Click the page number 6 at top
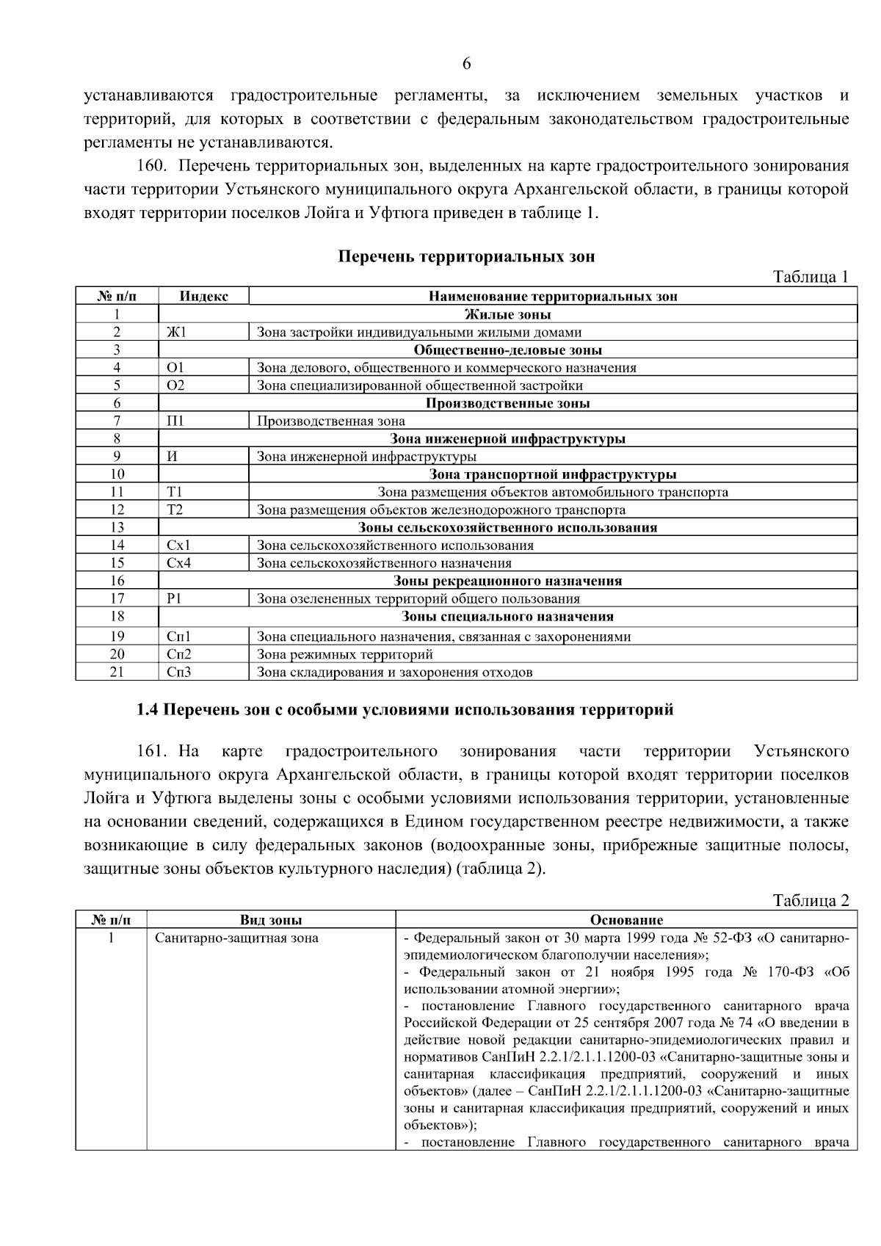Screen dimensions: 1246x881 coord(466,64)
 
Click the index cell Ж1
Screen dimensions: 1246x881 coord(177,333)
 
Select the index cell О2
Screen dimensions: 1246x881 coord(176,385)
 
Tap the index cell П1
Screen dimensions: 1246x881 coord(175,421)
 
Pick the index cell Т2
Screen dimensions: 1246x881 coord(175,510)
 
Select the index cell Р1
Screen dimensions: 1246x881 coord(174,598)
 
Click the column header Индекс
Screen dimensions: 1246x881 coord(203,297)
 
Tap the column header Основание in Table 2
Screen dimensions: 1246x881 coord(626,920)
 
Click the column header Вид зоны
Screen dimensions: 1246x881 coord(271,920)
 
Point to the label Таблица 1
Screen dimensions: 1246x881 coord(811,277)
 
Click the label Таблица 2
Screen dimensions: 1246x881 coord(811,901)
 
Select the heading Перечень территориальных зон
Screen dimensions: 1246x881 coord(466,256)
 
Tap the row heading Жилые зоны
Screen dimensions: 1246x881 coord(508,315)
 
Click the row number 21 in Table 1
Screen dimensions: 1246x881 coord(117,672)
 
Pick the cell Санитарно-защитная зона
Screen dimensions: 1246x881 coord(236,938)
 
